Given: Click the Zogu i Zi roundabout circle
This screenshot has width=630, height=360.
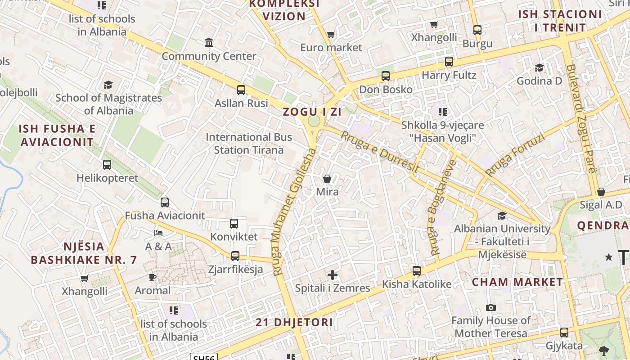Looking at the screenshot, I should pos(314,121).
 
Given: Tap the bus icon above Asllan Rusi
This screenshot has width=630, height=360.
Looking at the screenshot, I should pos(241,90).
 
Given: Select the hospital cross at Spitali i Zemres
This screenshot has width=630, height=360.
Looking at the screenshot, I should pos(333,274).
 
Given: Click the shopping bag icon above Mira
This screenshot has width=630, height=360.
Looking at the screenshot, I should pos(327,179).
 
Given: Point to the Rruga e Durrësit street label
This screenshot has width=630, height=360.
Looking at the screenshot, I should pos(380,152).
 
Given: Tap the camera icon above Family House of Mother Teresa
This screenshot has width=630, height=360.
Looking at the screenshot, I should pos(491,308).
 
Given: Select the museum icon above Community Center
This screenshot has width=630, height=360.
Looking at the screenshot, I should pos(209,43).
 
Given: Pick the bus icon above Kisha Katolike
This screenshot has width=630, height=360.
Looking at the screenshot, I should pos(417,271).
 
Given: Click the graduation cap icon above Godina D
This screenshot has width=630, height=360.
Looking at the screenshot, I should pos(539,68).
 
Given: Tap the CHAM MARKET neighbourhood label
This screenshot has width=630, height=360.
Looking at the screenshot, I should pos(517,282).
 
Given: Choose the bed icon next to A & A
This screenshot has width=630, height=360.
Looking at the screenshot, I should pos(158,233).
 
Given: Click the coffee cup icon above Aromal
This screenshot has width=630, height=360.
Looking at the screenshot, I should pos(153,277).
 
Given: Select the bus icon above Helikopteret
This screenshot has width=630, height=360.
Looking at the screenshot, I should pos(107,165).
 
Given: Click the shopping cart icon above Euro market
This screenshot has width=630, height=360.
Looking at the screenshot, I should pos(331,34).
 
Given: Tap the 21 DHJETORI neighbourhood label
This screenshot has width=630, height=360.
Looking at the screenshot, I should pos(294,322).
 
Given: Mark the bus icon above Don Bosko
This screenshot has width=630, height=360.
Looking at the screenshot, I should pos(386,76).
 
